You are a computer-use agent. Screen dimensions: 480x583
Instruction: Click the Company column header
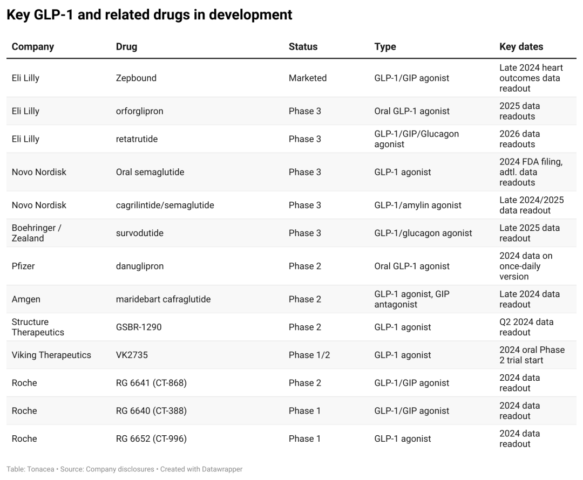(x=33, y=46)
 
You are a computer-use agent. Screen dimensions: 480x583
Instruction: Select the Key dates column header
(x=521, y=46)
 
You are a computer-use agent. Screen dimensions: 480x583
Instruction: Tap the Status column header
(x=303, y=46)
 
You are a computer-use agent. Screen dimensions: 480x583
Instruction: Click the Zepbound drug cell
(x=136, y=78)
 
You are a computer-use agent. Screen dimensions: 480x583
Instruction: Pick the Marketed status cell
(x=308, y=78)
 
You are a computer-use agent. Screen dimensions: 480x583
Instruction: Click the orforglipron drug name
(x=139, y=111)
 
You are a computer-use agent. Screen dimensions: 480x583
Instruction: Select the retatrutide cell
(x=137, y=139)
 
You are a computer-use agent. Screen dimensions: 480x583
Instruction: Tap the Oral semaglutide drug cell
(x=150, y=172)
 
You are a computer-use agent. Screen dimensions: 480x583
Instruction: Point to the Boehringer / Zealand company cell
(x=37, y=233)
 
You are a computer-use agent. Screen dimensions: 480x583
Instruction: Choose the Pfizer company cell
(x=23, y=266)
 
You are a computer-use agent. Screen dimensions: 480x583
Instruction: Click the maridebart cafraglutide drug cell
(x=163, y=299)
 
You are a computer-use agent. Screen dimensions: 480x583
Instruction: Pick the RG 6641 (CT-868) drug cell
(x=151, y=383)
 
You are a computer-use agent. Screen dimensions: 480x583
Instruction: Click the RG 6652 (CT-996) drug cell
(x=151, y=438)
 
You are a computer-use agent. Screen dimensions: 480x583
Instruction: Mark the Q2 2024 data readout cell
(x=526, y=327)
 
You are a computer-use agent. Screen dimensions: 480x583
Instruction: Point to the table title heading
(x=149, y=15)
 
